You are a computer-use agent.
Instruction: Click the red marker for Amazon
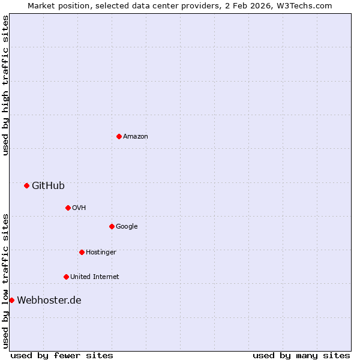click(x=119, y=136)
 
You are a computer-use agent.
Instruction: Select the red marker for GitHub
click(x=26, y=185)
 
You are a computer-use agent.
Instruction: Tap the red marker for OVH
click(x=68, y=208)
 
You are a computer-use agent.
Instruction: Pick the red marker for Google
click(x=112, y=226)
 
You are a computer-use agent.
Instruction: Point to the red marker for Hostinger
click(x=82, y=252)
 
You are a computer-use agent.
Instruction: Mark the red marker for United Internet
click(x=66, y=277)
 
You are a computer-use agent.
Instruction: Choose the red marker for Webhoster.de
click(x=11, y=300)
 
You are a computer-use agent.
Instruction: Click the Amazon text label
click(x=136, y=137)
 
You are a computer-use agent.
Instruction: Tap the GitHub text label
click(x=48, y=186)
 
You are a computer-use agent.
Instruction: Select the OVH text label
click(x=79, y=208)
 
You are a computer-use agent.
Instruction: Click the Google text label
click(x=127, y=227)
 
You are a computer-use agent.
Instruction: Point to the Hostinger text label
click(x=101, y=253)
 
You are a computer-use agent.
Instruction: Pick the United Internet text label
click(x=94, y=277)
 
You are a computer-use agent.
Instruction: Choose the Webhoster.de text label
click(x=49, y=301)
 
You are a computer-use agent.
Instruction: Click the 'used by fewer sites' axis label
click(x=62, y=356)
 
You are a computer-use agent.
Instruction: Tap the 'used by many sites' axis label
click(x=301, y=356)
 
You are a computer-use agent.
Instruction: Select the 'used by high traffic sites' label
click(x=5, y=85)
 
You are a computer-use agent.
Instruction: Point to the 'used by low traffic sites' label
click(x=5, y=281)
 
